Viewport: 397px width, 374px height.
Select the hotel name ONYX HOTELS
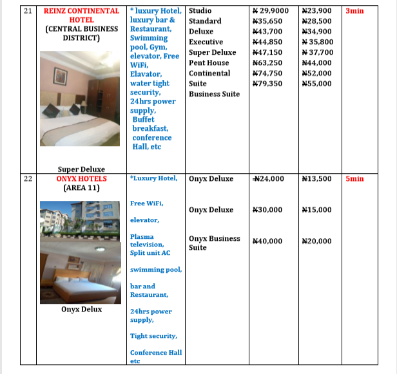pos(81,179)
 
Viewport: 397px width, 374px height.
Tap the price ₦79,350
pos(267,84)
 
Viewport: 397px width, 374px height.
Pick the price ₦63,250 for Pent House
pos(267,63)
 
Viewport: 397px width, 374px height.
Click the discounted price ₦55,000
pos(316,84)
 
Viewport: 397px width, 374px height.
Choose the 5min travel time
pos(354,179)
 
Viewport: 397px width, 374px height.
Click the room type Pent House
pos(209,63)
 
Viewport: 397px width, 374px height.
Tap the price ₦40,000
pos(267,241)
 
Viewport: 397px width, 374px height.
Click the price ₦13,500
pos(316,179)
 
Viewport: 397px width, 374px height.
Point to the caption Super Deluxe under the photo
pos(81,169)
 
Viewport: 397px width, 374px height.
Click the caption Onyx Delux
pos(81,309)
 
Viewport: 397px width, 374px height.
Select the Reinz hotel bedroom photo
pos(81,98)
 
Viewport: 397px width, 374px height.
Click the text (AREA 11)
pos(81,189)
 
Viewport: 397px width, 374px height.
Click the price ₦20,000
pos(316,241)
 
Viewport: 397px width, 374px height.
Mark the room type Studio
pos(200,11)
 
